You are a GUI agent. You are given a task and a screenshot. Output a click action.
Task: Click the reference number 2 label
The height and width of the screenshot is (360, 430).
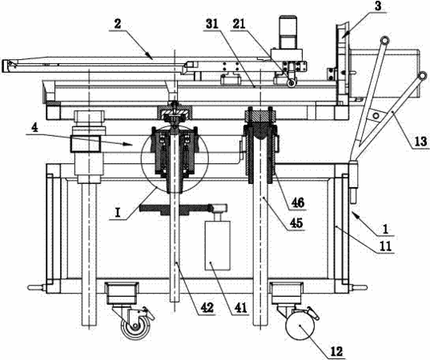(x=118, y=24)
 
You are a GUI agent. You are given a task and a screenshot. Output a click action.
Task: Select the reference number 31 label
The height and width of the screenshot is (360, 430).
(x=211, y=24)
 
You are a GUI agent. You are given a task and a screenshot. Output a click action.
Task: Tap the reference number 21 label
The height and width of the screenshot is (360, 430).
(x=239, y=24)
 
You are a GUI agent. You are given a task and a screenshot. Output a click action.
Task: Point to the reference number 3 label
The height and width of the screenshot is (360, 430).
(x=378, y=6)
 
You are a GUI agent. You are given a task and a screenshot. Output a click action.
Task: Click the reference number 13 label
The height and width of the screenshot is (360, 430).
(x=420, y=142)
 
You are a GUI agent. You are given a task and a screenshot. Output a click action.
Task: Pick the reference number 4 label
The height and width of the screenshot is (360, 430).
(x=34, y=128)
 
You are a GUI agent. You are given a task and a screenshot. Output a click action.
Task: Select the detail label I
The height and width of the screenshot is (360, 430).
(x=118, y=213)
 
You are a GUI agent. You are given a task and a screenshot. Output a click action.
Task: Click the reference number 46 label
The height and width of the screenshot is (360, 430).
(x=298, y=202)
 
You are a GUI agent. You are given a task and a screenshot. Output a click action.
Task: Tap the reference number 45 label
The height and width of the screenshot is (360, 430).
(x=296, y=222)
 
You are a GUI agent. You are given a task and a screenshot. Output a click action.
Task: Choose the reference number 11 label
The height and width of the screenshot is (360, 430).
(x=384, y=246)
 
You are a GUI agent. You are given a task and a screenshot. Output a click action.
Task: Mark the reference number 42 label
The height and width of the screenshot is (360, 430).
(x=207, y=308)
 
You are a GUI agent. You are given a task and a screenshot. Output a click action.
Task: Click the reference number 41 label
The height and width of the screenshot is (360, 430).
(x=239, y=308)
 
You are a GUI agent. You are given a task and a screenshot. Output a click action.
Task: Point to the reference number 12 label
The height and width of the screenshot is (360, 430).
(x=337, y=351)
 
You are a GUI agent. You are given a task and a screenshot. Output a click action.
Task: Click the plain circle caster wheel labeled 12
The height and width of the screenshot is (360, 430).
(x=299, y=326)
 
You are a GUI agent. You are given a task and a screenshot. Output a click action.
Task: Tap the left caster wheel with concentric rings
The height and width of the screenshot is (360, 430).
(x=135, y=326)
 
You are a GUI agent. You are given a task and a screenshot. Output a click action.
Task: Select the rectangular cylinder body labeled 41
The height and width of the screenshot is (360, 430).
(x=218, y=245)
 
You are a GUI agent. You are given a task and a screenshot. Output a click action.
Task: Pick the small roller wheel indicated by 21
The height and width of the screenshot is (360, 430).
(x=291, y=82)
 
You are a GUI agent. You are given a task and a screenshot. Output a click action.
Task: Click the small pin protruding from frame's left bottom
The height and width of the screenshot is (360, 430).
(x=37, y=287)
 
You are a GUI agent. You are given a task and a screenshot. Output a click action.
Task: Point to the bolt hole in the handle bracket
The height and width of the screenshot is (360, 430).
(x=376, y=114)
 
